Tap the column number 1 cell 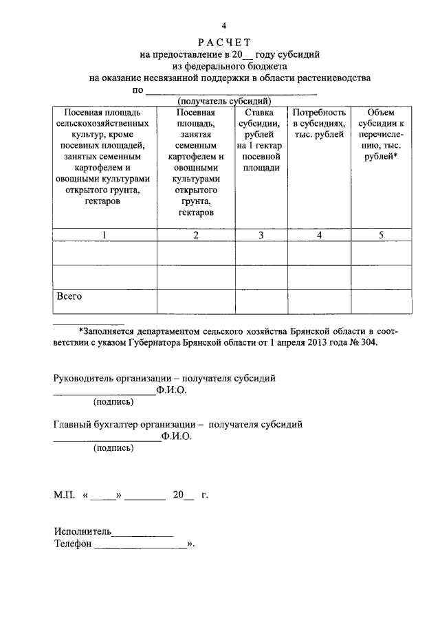pyautogui.click(x=104, y=236)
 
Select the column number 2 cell pyautogui.click(x=196, y=236)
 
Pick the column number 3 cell pyautogui.click(x=261, y=236)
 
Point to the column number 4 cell pyautogui.click(x=319, y=236)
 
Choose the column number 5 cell pyautogui.click(x=381, y=236)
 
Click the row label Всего pyautogui.click(x=69, y=296)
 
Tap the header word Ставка pyautogui.click(x=261, y=112)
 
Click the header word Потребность pyautogui.click(x=319, y=112)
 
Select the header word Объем pyautogui.click(x=381, y=112)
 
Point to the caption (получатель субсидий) pyautogui.click(x=222, y=100)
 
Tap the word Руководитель pyautogui.click(x=83, y=378)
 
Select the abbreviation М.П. pyautogui.click(x=65, y=495)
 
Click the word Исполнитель pyautogui.click(x=82, y=531)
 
